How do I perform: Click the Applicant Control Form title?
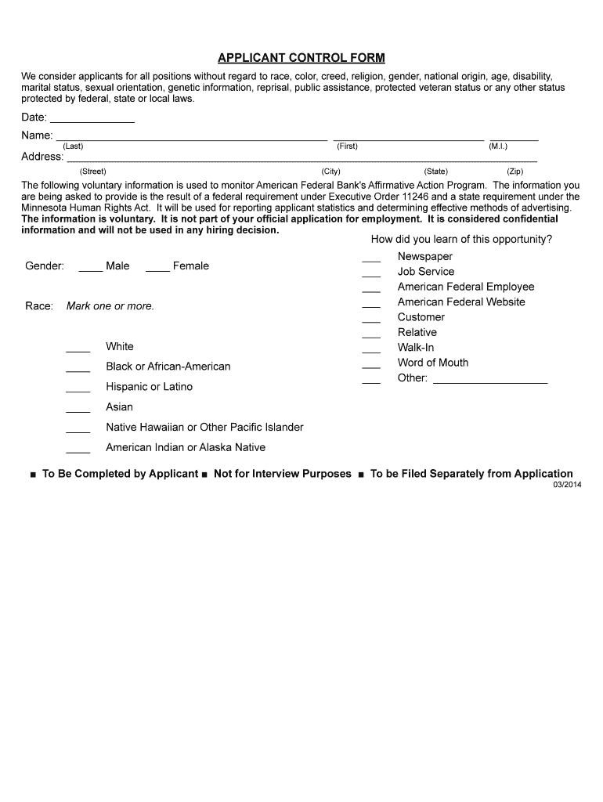(x=301, y=59)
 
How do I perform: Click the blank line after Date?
(x=92, y=121)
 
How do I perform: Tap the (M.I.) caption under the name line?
(x=498, y=146)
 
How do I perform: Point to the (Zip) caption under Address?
(x=515, y=171)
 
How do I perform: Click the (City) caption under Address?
(x=330, y=171)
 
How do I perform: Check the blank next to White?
(x=78, y=349)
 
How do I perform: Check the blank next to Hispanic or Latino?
(x=78, y=389)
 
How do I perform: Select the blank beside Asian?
(x=78, y=410)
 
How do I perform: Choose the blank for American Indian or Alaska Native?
(x=78, y=450)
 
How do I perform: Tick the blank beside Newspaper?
(x=371, y=259)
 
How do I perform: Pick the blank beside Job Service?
(x=371, y=274)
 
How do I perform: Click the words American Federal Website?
(x=461, y=302)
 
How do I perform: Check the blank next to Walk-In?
(x=371, y=350)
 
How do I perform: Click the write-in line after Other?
(x=490, y=381)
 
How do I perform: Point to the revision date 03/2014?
(x=567, y=485)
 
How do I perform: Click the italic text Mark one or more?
(x=110, y=306)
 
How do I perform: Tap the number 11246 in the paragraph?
(x=415, y=197)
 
